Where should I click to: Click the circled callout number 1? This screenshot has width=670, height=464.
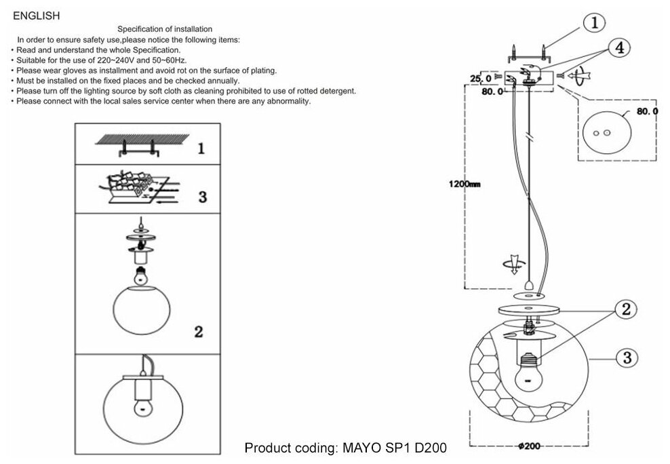coord(594,23)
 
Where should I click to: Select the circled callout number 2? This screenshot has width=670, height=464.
coord(625,309)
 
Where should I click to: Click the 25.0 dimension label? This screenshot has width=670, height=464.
coord(481,79)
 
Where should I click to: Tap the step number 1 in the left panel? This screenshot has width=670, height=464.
coord(201,148)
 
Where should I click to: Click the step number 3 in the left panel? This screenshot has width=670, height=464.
coord(202,197)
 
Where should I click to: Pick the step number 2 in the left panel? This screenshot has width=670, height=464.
coord(198,332)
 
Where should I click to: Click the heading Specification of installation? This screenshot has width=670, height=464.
coord(165,29)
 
